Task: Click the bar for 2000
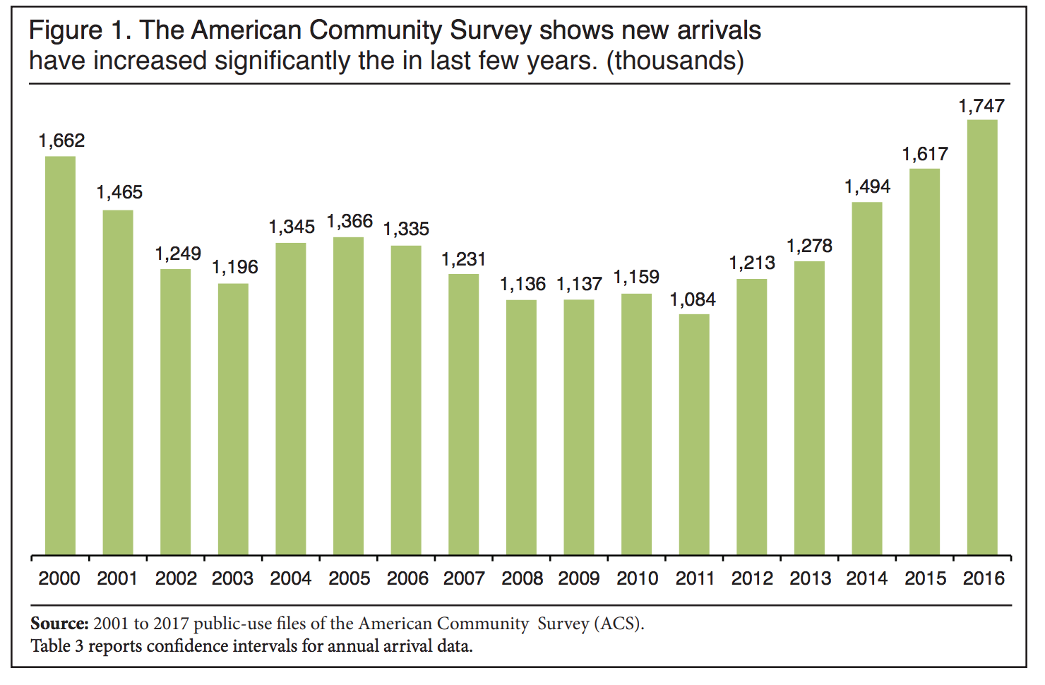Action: pos(60,355)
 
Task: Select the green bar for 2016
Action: pos(982,337)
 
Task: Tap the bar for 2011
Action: pos(694,434)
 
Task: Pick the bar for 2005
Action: pos(349,395)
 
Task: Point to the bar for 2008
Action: pos(521,427)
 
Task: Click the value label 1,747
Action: pos(981,106)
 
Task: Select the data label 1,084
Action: pos(693,299)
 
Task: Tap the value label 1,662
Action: pos(61,141)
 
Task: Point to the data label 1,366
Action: pos(350,222)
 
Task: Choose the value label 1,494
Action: pos(868,187)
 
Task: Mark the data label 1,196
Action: pos(235,267)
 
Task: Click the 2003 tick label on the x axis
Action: pos(233,578)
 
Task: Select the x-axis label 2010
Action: pos(637,578)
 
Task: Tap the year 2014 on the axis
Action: pos(867,578)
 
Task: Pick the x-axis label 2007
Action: pos(464,578)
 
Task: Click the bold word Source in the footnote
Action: pos(59,624)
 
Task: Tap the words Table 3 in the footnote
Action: pos(56,646)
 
